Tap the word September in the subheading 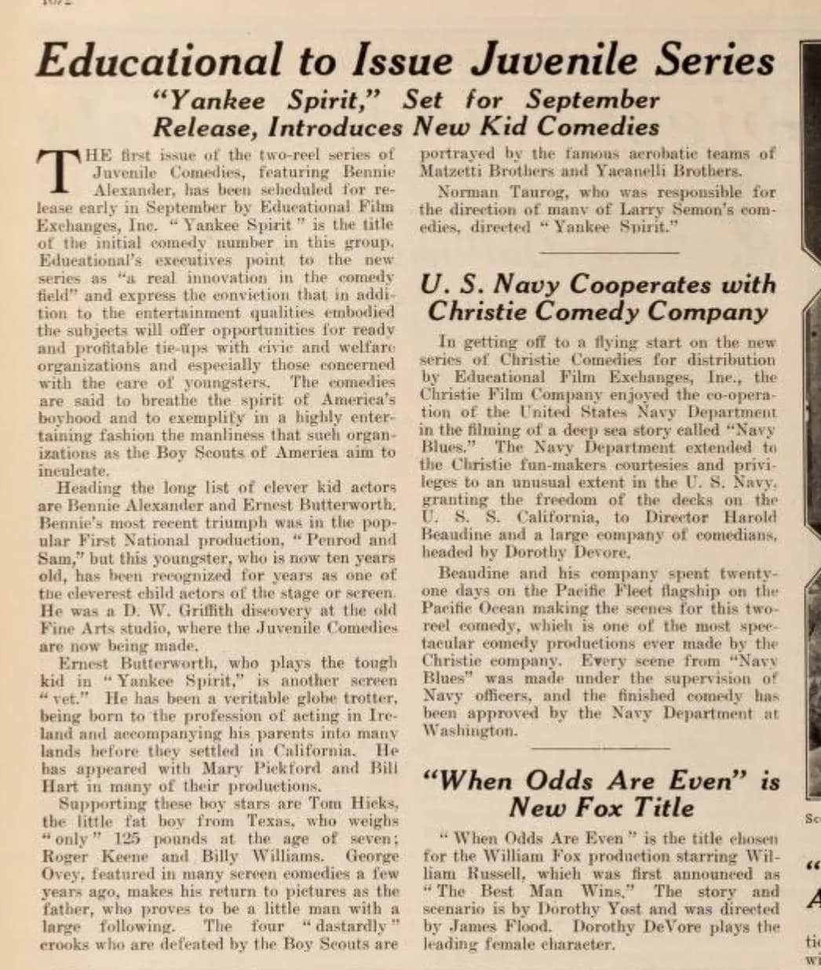coord(593,100)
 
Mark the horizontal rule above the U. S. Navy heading coord(609,253)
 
